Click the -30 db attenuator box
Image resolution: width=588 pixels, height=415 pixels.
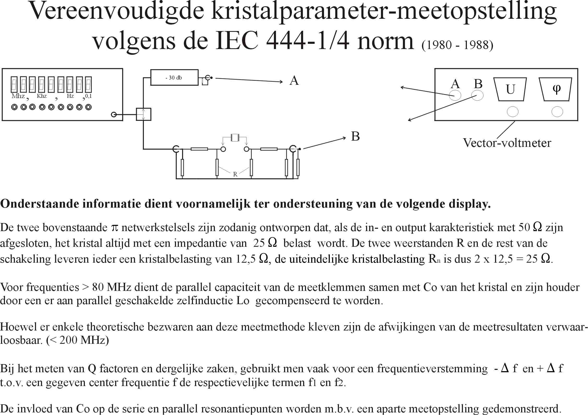point(174,77)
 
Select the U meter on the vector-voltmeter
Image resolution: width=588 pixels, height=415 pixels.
point(510,89)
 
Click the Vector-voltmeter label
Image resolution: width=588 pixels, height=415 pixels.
point(507,143)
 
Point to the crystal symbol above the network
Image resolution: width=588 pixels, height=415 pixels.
point(235,137)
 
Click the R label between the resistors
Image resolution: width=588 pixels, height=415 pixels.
point(235,174)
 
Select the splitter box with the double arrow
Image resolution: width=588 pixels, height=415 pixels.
point(143,114)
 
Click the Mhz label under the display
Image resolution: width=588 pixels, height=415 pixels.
point(18,96)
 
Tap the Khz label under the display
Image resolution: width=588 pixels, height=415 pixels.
point(42,96)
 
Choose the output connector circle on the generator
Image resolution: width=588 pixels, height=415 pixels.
point(114,115)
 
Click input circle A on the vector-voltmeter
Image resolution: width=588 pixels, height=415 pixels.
point(455,95)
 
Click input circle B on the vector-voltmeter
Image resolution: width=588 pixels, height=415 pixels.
point(477,95)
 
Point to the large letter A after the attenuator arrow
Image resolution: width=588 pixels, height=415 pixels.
point(294,81)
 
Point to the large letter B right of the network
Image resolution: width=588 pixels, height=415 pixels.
point(355,136)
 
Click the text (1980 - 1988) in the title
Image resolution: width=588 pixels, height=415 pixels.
point(457,45)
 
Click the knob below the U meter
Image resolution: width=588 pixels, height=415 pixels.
point(512,112)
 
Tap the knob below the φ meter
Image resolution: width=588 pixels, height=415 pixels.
point(557,112)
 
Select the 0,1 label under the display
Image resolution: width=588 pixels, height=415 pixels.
point(89,96)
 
